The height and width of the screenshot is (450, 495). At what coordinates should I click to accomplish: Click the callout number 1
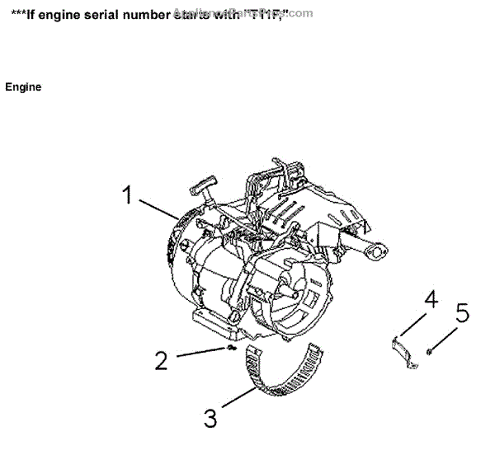click(127, 195)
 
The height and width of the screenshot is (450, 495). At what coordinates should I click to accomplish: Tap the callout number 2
click(161, 360)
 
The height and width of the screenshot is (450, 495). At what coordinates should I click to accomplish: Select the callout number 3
click(210, 418)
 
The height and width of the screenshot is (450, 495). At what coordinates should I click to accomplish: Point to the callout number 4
click(430, 298)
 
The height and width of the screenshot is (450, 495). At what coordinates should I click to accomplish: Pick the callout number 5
click(462, 313)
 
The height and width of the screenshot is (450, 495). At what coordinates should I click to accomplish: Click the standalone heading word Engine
click(23, 87)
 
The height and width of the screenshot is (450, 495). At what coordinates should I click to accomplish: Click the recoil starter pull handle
click(204, 183)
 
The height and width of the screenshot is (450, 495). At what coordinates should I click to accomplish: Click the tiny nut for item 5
click(431, 352)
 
